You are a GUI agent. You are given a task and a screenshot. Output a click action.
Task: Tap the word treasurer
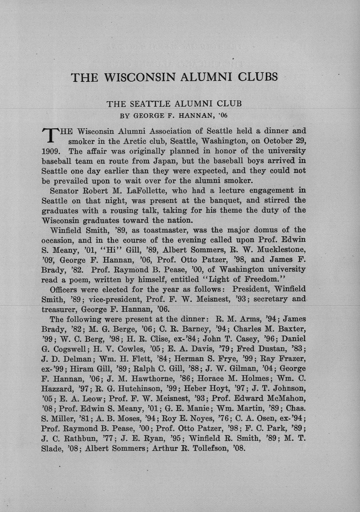click(59, 309)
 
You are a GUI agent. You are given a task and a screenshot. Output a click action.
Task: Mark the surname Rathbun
click(80, 438)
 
